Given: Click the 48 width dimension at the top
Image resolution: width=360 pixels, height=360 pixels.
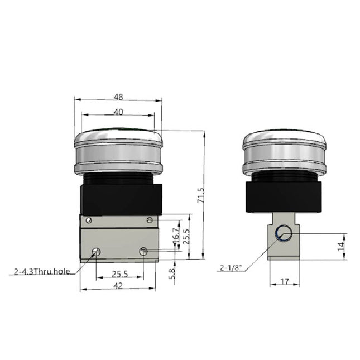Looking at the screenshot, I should point(118,96).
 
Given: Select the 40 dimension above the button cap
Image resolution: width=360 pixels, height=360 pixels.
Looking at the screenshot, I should point(118,112).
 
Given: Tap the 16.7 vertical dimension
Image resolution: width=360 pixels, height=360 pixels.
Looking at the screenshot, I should point(176,233).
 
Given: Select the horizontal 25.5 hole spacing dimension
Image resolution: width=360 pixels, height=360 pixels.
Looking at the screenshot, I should point(119,273).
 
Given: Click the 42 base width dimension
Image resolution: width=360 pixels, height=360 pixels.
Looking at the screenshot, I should point(118,286).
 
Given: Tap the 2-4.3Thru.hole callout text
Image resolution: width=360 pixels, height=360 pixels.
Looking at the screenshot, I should point(42,272).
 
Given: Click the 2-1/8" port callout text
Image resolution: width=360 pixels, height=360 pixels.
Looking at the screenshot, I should point(231,268).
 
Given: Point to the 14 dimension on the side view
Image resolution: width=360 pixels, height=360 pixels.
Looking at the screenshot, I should point(340,246).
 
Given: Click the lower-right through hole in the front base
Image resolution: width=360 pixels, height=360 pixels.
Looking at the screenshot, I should point(143,251).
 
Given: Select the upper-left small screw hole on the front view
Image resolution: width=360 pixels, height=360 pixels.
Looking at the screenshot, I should point(89,220).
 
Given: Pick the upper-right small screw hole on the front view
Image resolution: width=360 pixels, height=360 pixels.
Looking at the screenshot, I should point(150,220).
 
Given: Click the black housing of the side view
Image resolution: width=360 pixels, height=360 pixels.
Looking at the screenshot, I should point(284,195).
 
